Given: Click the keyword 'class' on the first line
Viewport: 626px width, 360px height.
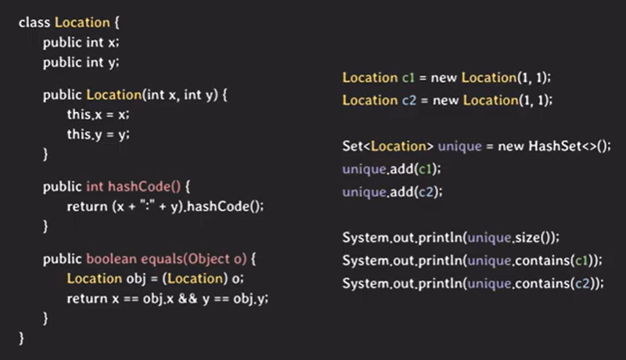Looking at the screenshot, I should (x=34, y=22).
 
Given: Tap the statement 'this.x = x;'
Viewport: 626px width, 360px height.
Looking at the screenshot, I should (x=98, y=114).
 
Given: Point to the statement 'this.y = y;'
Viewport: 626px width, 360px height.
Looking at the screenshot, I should (x=98, y=134).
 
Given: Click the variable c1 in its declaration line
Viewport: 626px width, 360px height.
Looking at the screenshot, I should (x=408, y=78).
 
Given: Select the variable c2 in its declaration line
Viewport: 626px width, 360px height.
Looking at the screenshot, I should (x=408, y=100).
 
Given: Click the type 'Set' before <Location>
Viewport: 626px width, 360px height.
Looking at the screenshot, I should (x=353, y=146).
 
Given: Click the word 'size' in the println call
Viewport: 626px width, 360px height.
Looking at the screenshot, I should (x=523, y=237).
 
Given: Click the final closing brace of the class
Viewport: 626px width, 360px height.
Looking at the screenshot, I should (x=22, y=338).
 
